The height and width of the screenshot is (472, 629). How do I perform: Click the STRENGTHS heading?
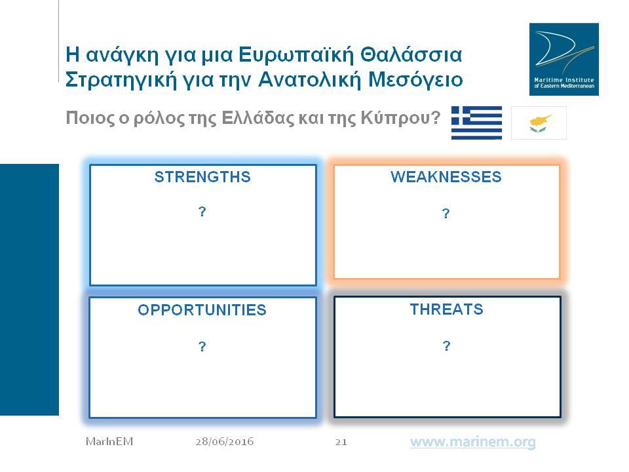coord(202,177)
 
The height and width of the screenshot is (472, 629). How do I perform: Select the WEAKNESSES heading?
coord(446,177)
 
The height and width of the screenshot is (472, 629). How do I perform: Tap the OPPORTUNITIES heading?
coord(202,310)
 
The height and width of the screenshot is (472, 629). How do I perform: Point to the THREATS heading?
coord(446,309)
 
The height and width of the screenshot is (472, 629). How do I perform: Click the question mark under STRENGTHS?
coord(202,212)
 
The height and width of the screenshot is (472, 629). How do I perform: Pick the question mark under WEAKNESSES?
coord(446,214)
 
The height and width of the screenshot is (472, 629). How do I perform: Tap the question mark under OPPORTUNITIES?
coord(202,346)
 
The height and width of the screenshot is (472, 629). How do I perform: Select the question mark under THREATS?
coord(446,345)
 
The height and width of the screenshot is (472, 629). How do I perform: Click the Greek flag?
coord(476,123)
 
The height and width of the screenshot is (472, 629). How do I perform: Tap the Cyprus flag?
coord(539,123)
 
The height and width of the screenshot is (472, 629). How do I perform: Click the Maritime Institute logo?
coord(564,60)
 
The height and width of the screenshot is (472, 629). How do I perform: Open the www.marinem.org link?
coord(472,442)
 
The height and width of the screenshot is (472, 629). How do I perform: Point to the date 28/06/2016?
coord(225,442)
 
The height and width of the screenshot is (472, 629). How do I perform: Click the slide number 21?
coord(341,442)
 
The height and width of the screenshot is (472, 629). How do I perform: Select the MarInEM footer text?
coord(109,442)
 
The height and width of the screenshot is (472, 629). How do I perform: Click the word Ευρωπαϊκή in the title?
coord(296,55)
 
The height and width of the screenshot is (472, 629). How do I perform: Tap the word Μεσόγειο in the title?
coord(415,79)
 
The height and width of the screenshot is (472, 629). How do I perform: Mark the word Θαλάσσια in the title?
coord(411,54)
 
